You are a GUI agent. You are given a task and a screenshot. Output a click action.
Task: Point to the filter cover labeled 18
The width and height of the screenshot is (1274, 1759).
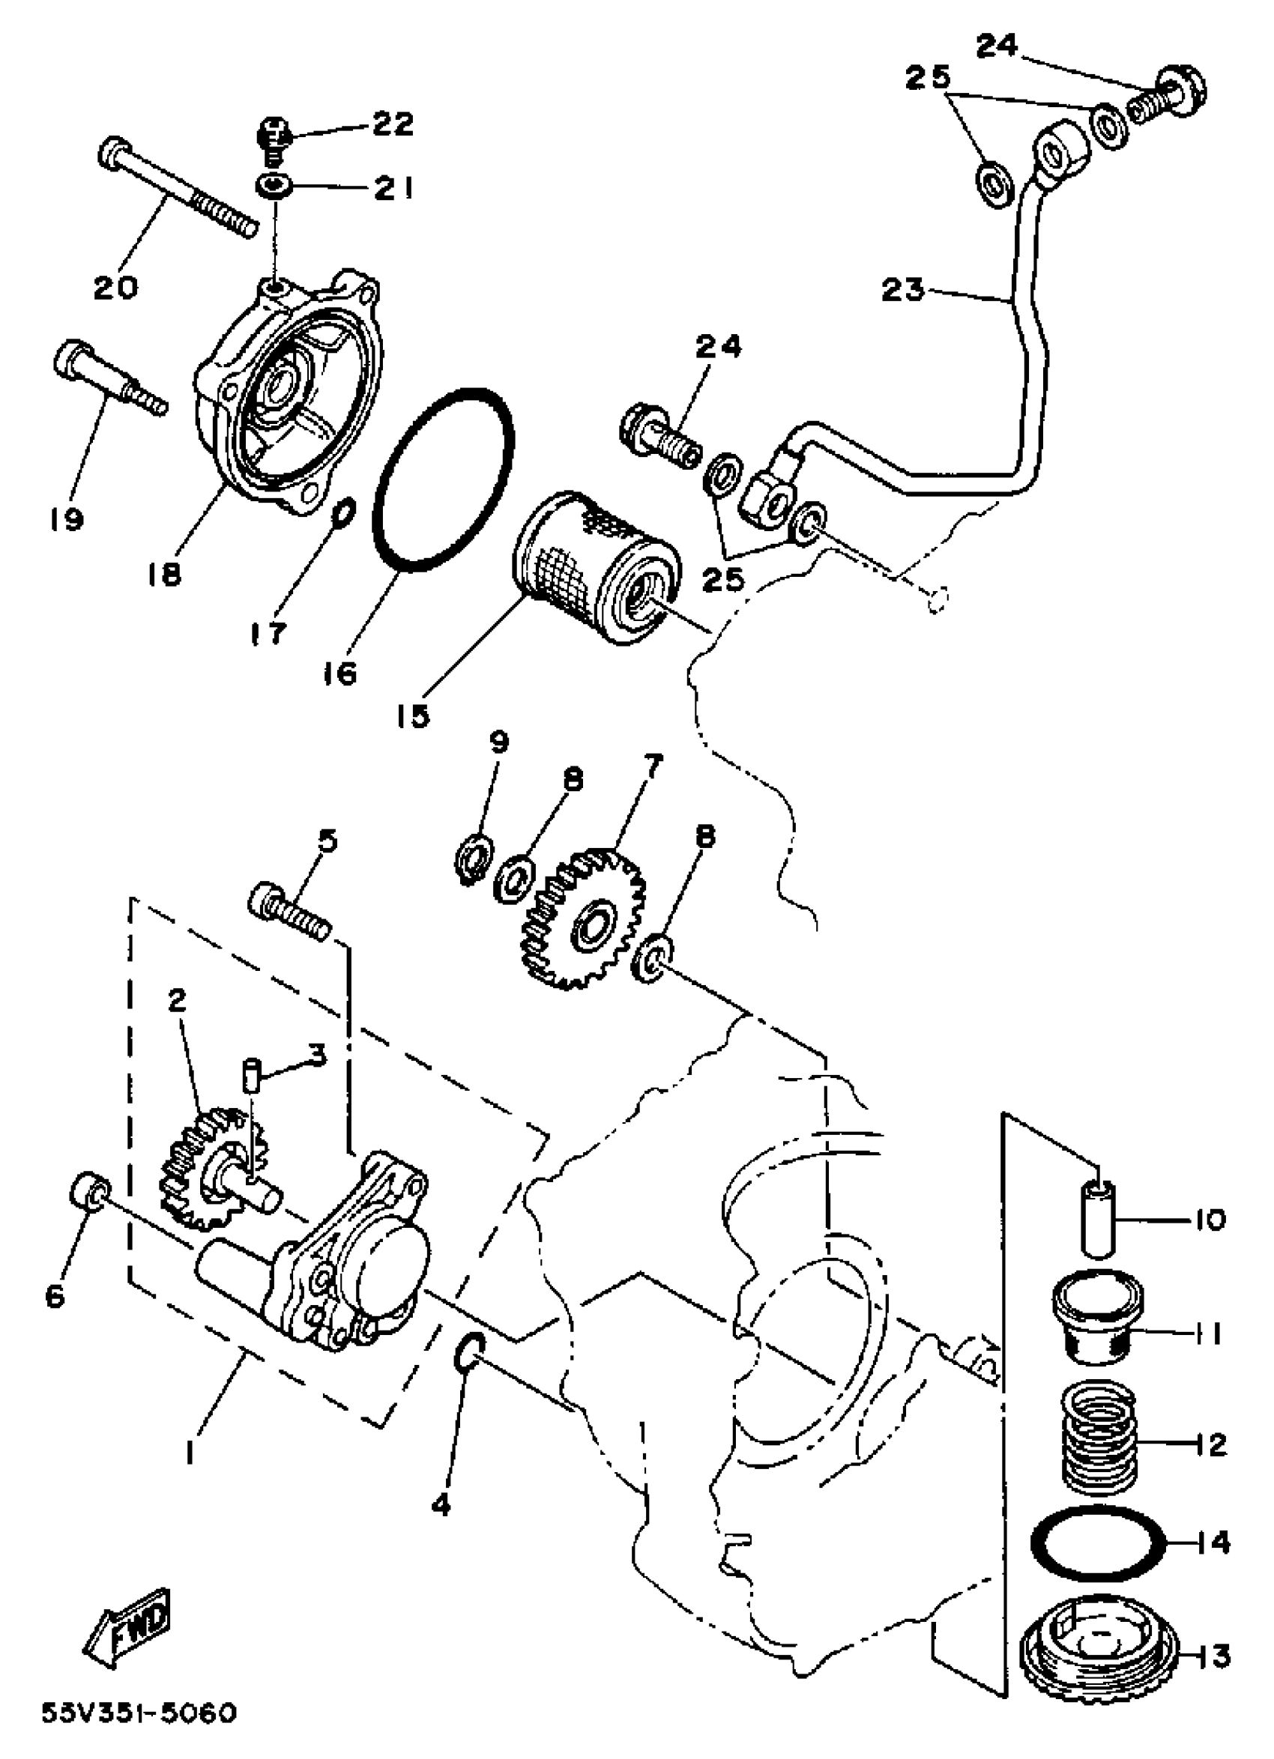point(287,396)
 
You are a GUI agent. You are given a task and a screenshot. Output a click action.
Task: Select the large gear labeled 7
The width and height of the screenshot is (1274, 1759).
point(587,919)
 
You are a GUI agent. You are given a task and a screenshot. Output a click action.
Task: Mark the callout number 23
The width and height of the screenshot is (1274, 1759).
point(903,291)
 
